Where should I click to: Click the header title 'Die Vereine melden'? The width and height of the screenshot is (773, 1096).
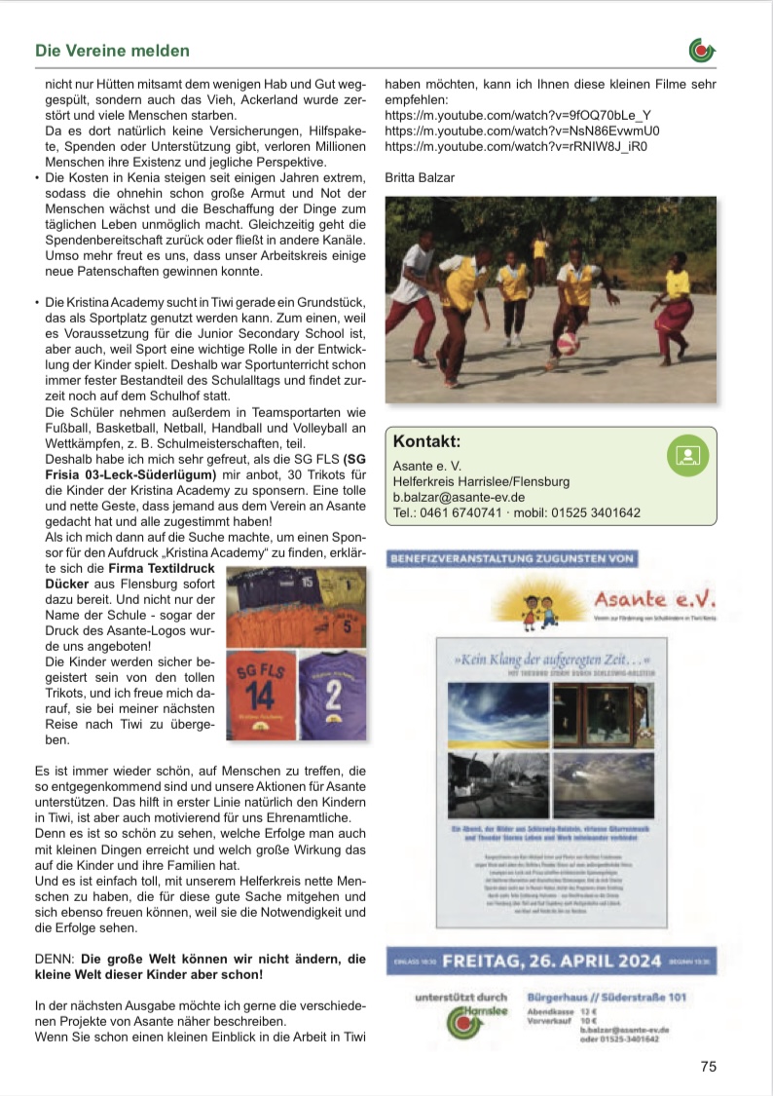tap(112, 50)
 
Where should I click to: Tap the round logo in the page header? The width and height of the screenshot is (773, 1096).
tap(701, 49)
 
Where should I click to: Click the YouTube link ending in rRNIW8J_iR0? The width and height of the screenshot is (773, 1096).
tap(516, 147)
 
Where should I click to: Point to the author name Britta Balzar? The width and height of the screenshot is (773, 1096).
tap(420, 178)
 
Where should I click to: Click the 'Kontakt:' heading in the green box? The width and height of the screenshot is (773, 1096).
tap(426, 441)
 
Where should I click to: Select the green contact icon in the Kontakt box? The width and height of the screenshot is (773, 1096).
tap(686, 455)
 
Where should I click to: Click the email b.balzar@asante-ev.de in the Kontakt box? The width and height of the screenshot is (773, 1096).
tap(459, 497)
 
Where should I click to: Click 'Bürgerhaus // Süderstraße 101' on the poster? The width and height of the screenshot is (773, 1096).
tap(607, 998)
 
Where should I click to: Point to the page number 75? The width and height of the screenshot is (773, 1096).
tap(708, 1066)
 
